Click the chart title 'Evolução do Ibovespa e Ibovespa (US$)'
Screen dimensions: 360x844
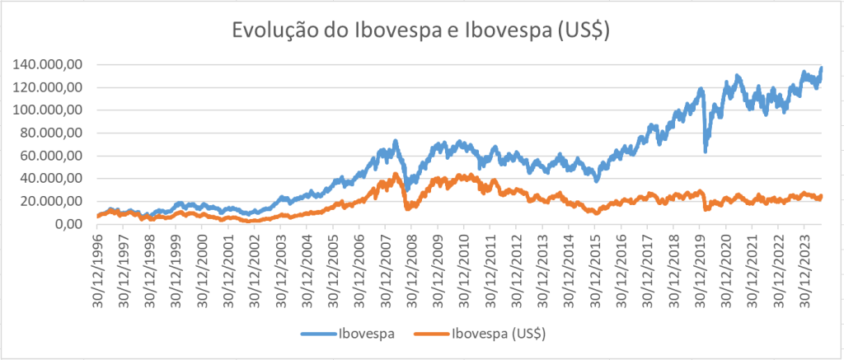[421, 30]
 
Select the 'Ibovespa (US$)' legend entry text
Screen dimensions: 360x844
[499, 334]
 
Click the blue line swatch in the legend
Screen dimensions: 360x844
[318, 334]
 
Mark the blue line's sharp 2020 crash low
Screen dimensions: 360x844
[705, 151]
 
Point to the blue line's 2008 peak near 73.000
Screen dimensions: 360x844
[396, 141]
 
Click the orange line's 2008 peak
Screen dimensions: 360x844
[396, 174]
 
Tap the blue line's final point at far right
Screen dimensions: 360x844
[821, 68]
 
